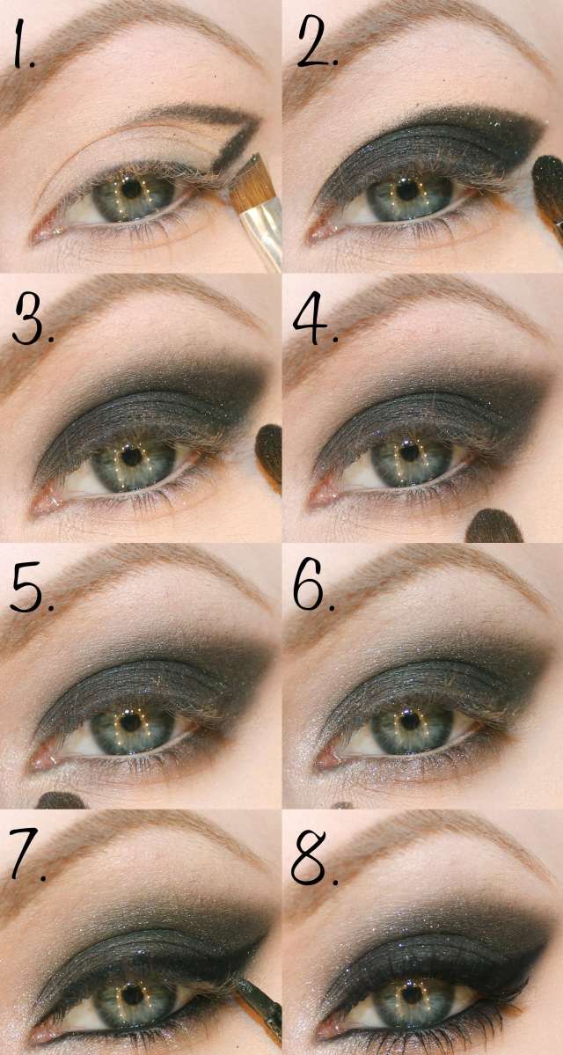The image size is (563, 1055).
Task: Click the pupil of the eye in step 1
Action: [132, 187]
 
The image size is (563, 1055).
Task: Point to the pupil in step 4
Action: [406, 457]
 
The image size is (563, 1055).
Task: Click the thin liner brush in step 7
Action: [262, 1003]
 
